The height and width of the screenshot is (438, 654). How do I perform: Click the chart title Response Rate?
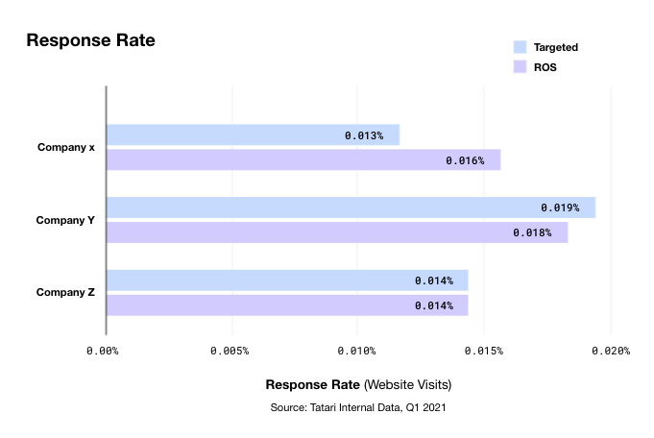[90, 40]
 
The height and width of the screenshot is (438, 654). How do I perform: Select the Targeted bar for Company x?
[252, 135]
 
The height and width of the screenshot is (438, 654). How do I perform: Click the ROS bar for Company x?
[303, 159]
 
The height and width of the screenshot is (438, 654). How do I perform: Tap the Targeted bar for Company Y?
[350, 207]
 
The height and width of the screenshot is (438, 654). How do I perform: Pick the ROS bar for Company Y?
[336, 232]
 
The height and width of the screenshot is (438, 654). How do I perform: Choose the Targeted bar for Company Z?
[286, 280]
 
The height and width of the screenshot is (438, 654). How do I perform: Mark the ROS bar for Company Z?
[286, 305]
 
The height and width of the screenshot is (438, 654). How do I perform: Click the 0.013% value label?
[364, 136]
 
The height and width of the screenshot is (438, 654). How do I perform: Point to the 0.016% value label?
[465, 160]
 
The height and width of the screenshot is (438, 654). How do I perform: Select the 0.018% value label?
[532, 233]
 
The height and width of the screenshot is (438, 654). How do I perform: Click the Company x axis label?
[65, 147]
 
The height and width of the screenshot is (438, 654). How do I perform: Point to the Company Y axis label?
[65, 220]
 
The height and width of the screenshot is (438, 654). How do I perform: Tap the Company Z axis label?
[65, 292]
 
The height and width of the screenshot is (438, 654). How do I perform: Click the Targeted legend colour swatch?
[520, 46]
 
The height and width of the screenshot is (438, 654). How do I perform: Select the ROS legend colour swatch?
[520, 67]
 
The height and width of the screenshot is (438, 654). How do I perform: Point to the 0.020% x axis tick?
[611, 351]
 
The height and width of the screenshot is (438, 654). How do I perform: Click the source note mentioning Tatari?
[358, 408]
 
